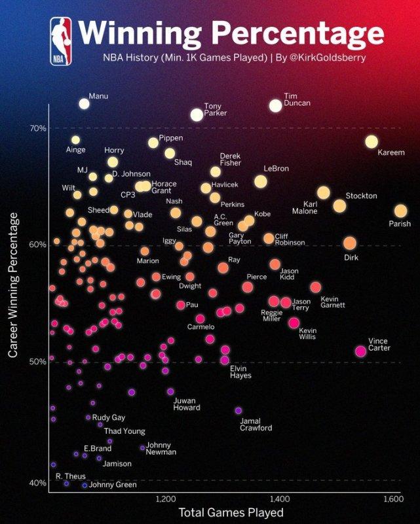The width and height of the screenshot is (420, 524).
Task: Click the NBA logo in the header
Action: pyautogui.click(x=61, y=41)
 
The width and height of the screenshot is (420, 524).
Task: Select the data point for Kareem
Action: pyautogui.click(x=372, y=142)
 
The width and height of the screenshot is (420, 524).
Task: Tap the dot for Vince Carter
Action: pyautogui.click(x=360, y=351)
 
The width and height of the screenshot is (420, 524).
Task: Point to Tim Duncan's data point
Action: pyautogui.click(x=275, y=105)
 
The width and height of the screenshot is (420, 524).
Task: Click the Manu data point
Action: pyautogui.click(x=84, y=103)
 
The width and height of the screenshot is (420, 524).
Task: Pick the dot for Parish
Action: pyautogui.click(x=400, y=211)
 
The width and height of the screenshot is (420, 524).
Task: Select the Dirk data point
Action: pyautogui.click(x=349, y=243)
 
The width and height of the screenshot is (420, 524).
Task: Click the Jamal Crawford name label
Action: pyautogui.click(x=256, y=424)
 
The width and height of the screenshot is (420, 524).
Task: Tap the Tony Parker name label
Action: pyautogui.click(x=216, y=109)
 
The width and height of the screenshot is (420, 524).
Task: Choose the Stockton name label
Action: pyautogui.click(x=361, y=196)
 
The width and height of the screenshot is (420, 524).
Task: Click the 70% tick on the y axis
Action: pyautogui.click(x=37, y=128)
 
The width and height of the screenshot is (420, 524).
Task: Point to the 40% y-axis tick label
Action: pyautogui.click(x=37, y=483)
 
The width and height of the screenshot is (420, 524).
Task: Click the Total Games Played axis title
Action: pyautogui.click(x=231, y=512)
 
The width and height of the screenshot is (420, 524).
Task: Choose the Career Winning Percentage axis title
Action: pyautogui.click(x=13, y=285)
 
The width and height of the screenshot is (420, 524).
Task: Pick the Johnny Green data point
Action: pyautogui.click(x=85, y=485)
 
